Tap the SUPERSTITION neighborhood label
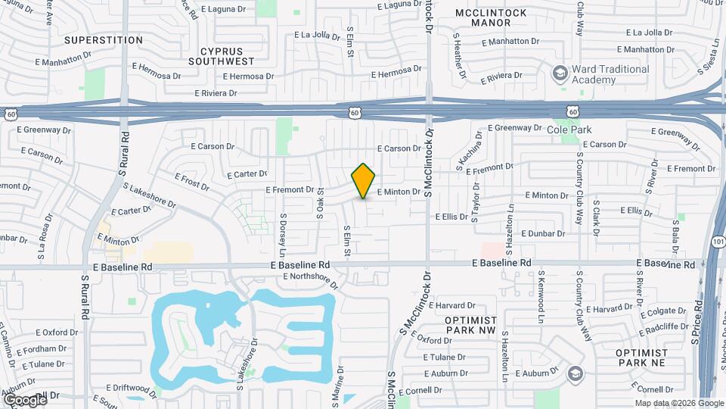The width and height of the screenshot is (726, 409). click(104, 39)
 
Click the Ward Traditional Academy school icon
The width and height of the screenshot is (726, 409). click(560, 73)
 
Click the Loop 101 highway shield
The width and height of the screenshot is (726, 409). click(718, 242)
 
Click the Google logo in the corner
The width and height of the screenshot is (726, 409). click(24, 399)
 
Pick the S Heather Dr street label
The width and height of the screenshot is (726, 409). click(459, 55)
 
